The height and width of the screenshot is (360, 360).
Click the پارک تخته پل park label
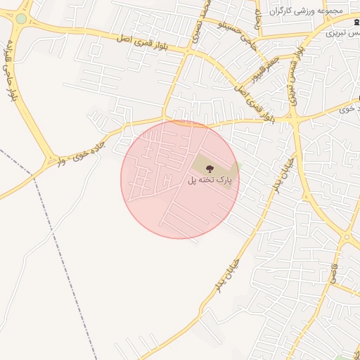pyautogui.click(x=210, y=181)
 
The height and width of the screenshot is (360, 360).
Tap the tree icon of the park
pyautogui.click(x=210, y=168)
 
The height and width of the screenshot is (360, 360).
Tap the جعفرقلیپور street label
pyautogui.click(x=270, y=70)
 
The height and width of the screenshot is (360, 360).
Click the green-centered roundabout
pyautogui.click(x=21, y=19)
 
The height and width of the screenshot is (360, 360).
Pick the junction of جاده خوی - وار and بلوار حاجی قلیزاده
pyautogui.click(x=53, y=160)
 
